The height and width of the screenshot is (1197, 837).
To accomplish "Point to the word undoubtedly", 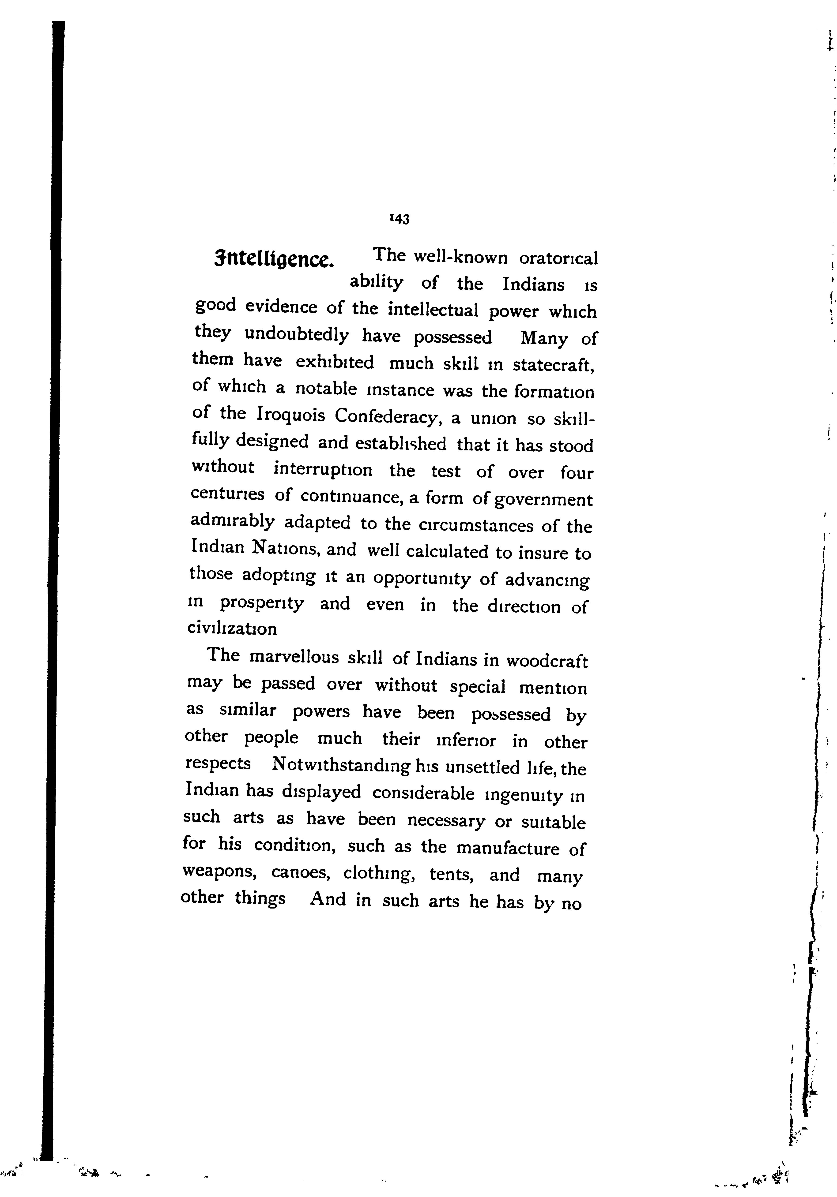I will tap(297, 335).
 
